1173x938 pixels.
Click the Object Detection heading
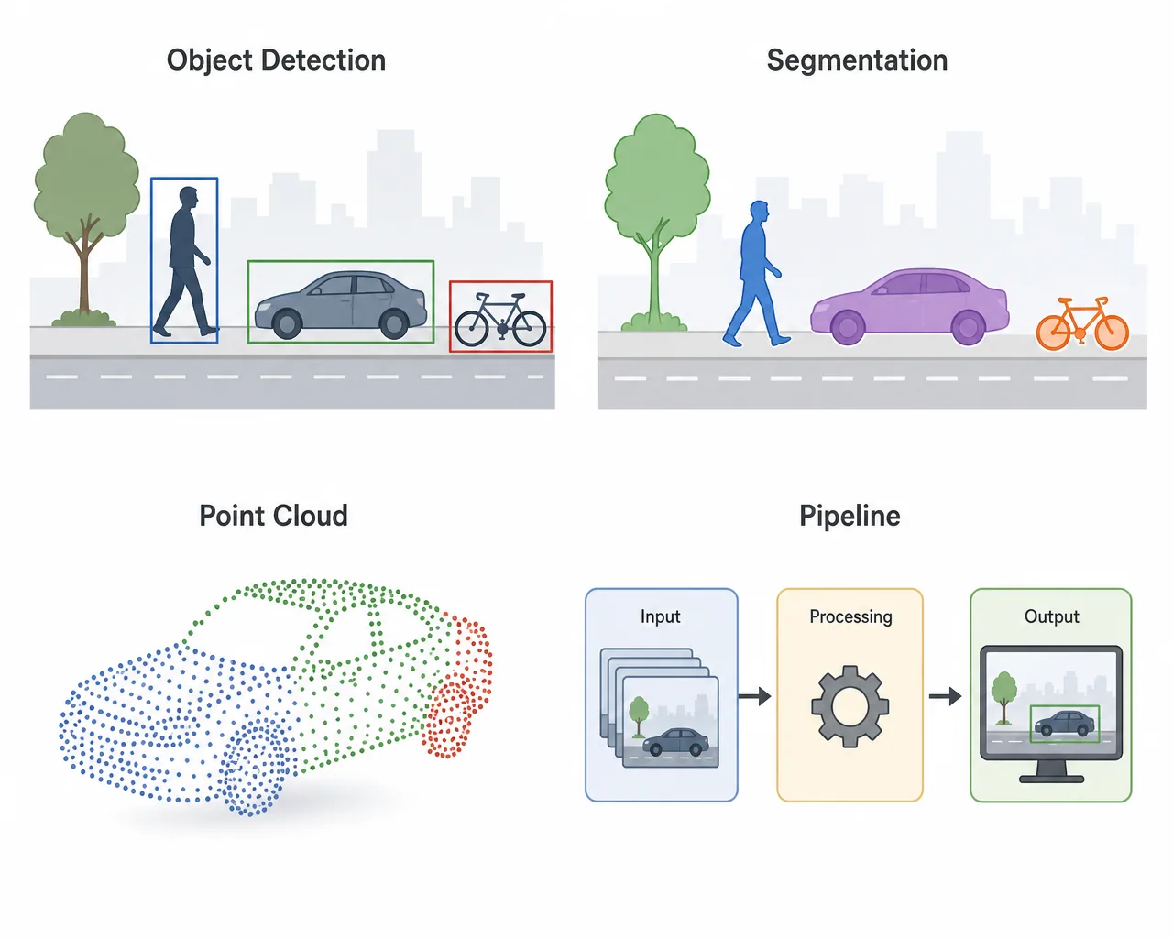[x=276, y=60]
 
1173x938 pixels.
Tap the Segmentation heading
[x=857, y=60]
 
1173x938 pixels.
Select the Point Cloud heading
[x=273, y=515]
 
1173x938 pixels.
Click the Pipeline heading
[x=850, y=516]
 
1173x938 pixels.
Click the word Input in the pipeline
[x=660, y=616]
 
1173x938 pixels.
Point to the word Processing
[x=850, y=617]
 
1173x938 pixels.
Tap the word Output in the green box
[x=1051, y=616]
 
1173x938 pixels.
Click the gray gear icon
[x=850, y=706]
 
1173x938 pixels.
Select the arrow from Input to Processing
[x=754, y=696]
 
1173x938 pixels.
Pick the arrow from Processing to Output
[x=945, y=696]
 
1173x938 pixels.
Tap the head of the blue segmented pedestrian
[x=760, y=212]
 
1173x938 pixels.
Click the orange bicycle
[x=1082, y=323]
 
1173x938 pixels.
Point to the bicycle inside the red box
[x=500, y=320]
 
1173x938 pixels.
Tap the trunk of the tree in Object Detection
[x=84, y=273]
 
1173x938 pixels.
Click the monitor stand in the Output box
[x=1051, y=771]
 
